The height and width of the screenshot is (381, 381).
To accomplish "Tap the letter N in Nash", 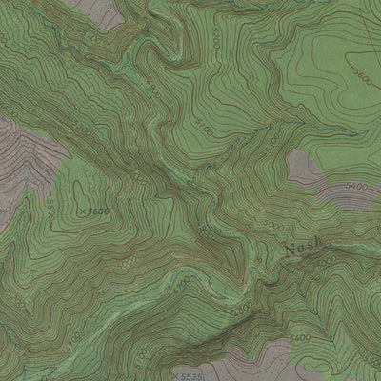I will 289,252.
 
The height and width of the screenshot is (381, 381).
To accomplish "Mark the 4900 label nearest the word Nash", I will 327,261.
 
